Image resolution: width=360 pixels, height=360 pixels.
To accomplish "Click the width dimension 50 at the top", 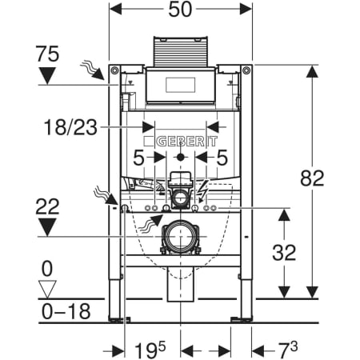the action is (x=180, y=10).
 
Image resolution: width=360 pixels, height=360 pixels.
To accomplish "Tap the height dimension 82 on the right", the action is (x=312, y=178).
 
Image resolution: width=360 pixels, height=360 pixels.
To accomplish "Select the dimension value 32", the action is (x=284, y=252).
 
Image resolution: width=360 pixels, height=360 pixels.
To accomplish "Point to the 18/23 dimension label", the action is (x=70, y=127).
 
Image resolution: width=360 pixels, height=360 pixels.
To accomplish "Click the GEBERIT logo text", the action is (x=186, y=142).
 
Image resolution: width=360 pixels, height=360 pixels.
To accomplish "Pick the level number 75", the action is (x=47, y=54).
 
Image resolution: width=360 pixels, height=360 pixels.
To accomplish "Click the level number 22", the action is (x=47, y=206).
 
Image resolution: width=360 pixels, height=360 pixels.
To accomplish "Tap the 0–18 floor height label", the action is (x=66, y=311).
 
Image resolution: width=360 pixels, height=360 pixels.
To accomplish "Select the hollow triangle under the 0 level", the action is (x=47, y=289).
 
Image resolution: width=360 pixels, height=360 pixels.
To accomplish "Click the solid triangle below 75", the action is (x=47, y=75).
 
